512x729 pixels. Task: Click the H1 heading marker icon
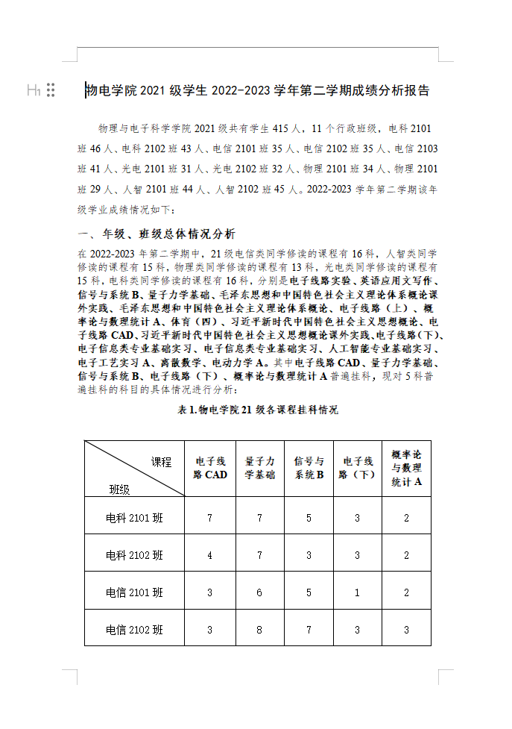click(x=33, y=90)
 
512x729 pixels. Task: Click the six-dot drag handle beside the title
click(x=51, y=90)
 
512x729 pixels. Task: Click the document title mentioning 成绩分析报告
click(x=257, y=91)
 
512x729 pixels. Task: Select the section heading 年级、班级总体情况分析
click(x=156, y=233)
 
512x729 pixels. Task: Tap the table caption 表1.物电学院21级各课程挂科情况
click(x=257, y=410)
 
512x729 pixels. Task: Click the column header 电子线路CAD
click(x=210, y=468)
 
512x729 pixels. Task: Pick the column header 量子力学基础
click(x=259, y=468)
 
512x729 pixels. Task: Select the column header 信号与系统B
click(x=309, y=468)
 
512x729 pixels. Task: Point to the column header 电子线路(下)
click(x=357, y=468)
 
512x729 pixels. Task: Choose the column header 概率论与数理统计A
click(x=406, y=468)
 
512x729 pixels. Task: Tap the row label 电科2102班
click(x=134, y=555)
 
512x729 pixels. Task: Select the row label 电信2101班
click(x=134, y=592)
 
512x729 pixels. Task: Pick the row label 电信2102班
click(x=134, y=630)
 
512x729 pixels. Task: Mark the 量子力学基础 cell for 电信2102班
click(x=259, y=630)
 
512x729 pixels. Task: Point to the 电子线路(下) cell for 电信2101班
click(x=357, y=592)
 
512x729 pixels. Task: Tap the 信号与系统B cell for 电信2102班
click(x=309, y=630)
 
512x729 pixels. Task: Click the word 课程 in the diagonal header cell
click(x=161, y=463)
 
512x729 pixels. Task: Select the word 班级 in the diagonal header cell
click(x=119, y=489)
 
